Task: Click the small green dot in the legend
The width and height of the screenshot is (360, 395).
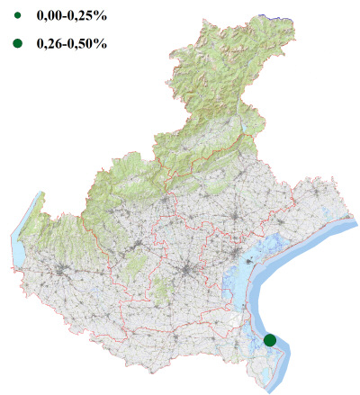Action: click(x=17, y=15)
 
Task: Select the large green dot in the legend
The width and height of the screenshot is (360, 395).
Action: click(x=17, y=43)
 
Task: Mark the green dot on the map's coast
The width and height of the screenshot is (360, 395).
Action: click(x=270, y=339)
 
